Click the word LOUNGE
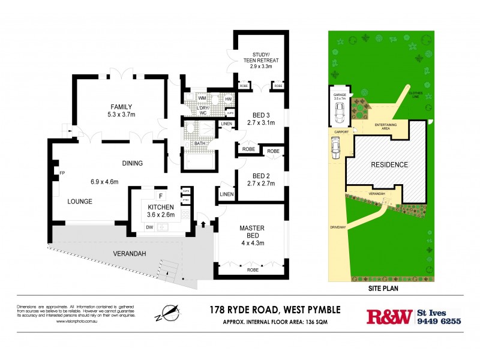coord(79,202)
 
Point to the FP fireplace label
coord(61,173)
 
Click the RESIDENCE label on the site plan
coord(389,164)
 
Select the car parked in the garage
coord(340,111)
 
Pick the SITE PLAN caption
coord(385,288)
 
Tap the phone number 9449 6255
coord(439,321)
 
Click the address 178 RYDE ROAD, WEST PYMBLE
coord(275,310)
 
